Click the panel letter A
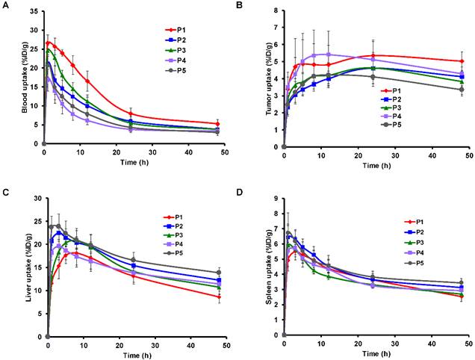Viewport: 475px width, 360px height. click(x=7, y=5)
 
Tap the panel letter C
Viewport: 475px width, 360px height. click(x=7, y=191)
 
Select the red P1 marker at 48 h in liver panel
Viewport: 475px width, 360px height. click(x=218, y=297)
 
